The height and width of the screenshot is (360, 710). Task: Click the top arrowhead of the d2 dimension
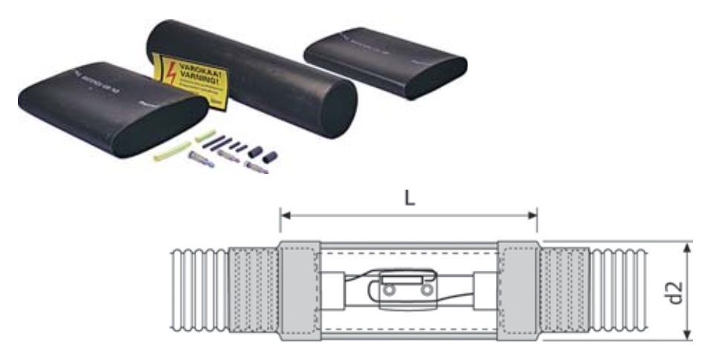coord(691,244)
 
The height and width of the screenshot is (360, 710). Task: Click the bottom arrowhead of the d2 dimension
coord(691,337)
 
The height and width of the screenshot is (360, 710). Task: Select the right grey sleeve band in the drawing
coord(517,291)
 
